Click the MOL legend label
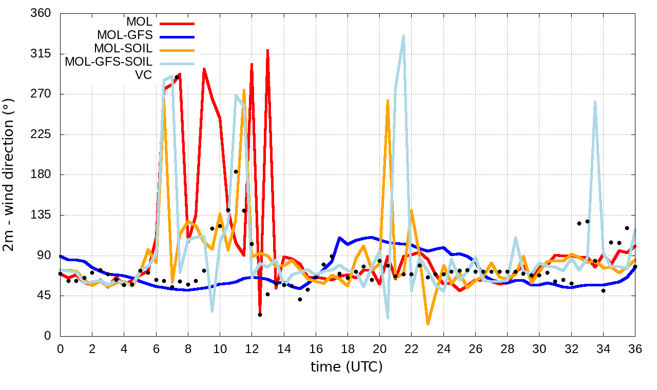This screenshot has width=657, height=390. [139, 23]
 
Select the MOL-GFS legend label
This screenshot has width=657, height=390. [125, 36]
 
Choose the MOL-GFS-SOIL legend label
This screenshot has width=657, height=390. [108, 62]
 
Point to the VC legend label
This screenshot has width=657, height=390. [143, 75]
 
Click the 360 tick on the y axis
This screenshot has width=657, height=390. [41, 13]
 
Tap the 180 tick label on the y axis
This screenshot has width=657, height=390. [41, 174]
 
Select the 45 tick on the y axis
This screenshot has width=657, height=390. [44, 296]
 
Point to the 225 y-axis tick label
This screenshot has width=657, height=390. [41, 134]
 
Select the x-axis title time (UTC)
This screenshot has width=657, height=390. [346, 367]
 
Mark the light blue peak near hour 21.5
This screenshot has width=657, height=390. [403, 35]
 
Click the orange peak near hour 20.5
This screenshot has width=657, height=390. [388, 101]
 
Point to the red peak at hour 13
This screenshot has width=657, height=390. [267, 50]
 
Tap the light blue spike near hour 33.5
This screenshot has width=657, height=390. [595, 102]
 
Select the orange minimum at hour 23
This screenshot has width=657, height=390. [428, 324]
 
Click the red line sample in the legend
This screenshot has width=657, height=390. [177, 23]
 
